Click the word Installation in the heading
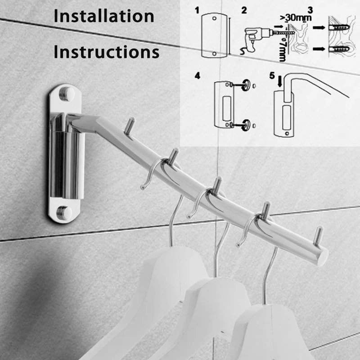[x=104, y=16]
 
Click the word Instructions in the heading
[x=106, y=52]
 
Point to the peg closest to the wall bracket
[x=130, y=126]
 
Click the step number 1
[x=198, y=9]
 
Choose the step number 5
[x=271, y=75]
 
